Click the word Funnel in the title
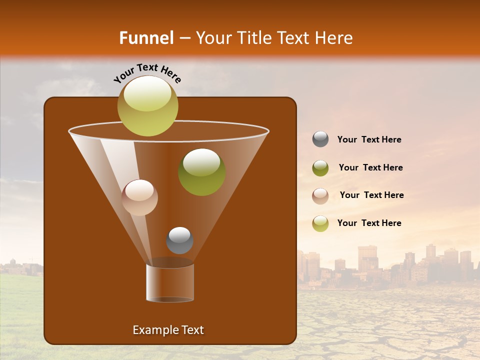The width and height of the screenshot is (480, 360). (146, 38)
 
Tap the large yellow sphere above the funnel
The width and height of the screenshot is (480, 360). (147, 105)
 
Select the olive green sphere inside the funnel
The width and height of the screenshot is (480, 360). (201, 171)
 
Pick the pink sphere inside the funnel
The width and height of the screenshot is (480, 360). (139, 197)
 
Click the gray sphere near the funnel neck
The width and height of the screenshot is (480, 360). (179, 240)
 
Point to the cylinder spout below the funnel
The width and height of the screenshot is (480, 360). (170, 283)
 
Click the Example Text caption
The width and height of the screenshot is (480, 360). (168, 330)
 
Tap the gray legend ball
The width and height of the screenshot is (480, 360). (320, 139)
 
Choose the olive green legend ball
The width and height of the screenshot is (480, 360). (320, 168)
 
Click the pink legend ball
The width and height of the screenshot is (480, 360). (320, 195)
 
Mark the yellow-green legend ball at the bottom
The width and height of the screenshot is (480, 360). (320, 223)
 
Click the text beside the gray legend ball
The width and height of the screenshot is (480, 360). (369, 140)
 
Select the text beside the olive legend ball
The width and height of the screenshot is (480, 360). (370, 168)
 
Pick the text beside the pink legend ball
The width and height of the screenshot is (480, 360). (371, 195)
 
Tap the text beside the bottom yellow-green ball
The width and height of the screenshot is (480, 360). (369, 223)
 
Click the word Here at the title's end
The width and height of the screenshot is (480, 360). (334, 38)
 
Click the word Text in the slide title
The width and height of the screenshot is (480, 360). (294, 38)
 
